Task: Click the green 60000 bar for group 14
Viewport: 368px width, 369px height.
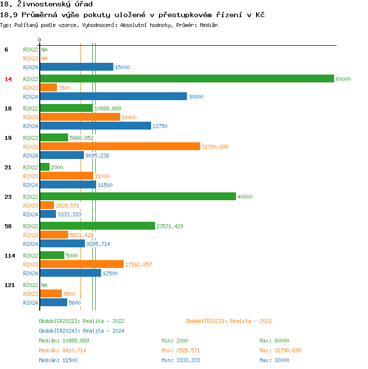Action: pyautogui.click(x=186, y=79)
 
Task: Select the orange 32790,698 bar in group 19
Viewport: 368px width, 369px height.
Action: pyautogui.click(x=120, y=147)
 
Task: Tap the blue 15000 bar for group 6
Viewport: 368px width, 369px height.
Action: pyautogui.click(x=77, y=67)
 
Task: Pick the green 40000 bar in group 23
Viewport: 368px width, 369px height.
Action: pyautogui.click(x=137, y=197)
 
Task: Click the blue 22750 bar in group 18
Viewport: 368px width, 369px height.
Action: pyautogui.click(x=95, y=126)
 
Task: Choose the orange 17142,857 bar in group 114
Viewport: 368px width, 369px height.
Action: pyautogui.click(x=81, y=264)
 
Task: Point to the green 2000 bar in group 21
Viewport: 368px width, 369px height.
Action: pyautogui.click(x=45, y=167)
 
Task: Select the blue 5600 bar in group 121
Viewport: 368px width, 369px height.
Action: pyautogui.click(x=53, y=303)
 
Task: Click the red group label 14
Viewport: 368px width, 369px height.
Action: pyautogui.click(x=8, y=79)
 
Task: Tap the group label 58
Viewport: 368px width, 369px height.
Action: pyautogui.click(x=8, y=226)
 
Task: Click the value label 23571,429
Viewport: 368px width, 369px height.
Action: pyautogui.click(x=170, y=226)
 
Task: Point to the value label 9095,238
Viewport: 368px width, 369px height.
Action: pyautogui.click(x=97, y=156)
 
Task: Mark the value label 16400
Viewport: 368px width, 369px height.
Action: pyautogui.click(x=129, y=117)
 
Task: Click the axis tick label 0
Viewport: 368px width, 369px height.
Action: pyautogui.click(x=40, y=40)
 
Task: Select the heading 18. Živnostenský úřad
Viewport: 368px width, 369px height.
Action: pyautogui.click(x=47, y=4)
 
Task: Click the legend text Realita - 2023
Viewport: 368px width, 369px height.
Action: pyautogui.click(x=229, y=321)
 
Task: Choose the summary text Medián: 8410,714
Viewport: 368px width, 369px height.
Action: pyautogui.click(x=64, y=350)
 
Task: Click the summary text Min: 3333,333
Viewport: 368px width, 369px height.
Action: pyautogui.click(x=181, y=360)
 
